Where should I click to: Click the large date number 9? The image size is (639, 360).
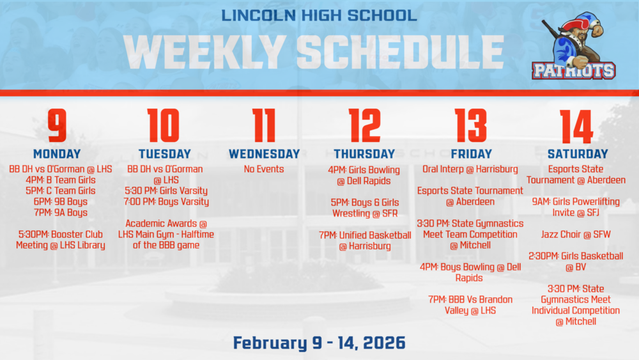[x=57, y=126]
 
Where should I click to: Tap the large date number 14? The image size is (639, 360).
[x=577, y=126]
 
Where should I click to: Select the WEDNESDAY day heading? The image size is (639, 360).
[x=264, y=154]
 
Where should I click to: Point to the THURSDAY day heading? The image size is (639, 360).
[x=364, y=154]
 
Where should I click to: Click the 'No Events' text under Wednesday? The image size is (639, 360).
[x=264, y=169]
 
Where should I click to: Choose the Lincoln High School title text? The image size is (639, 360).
[x=319, y=15]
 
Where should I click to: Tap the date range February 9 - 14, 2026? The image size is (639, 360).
[x=319, y=343]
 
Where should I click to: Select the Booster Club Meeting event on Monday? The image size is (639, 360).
[x=61, y=240]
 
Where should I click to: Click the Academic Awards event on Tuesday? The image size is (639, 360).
[x=167, y=234]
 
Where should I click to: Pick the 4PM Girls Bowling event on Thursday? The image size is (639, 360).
[x=366, y=175]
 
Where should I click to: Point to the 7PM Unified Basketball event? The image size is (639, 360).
[x=365, y=240]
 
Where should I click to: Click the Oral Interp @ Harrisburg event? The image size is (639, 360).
[x=470, y=169]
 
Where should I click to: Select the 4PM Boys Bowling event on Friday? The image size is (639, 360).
[x=470, y=272]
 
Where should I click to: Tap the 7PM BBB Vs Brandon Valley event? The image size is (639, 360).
[x=470, y=305]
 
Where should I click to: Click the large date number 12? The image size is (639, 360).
[x=364, y=126]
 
